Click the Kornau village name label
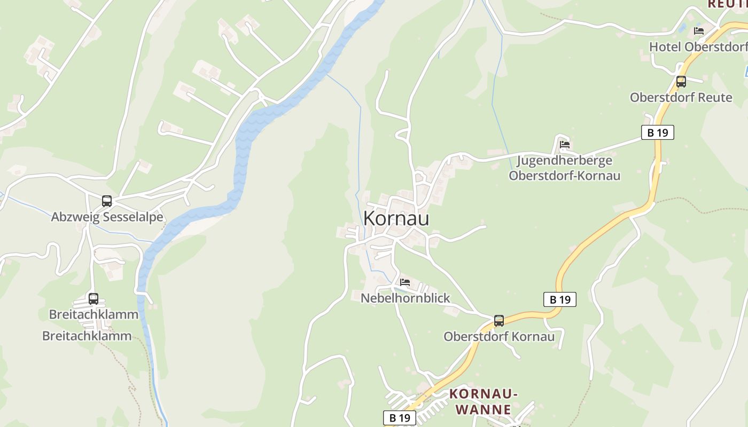pos(396,218)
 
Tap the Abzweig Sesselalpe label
pos(107,217)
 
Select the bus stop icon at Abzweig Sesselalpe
pos(107,201)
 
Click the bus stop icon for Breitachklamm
pos(93,299)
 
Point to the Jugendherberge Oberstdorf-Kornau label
pos(564,168)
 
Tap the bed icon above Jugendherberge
pos(565,144)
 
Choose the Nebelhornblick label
pos(406,298)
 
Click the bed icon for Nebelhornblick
pos(405,282)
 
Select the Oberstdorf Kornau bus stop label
pos(499,337)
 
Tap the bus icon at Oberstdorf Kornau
pos(498,321)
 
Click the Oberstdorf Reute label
pos(681,98)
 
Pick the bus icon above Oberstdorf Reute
pos(681,82)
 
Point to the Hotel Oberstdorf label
pos(698,47)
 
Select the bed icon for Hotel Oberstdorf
pos(698,31)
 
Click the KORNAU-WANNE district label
pos(484,402)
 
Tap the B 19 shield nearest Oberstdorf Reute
pos(657,132)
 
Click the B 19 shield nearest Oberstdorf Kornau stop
pos(560,299)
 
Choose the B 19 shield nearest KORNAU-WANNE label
pos(400,418)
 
